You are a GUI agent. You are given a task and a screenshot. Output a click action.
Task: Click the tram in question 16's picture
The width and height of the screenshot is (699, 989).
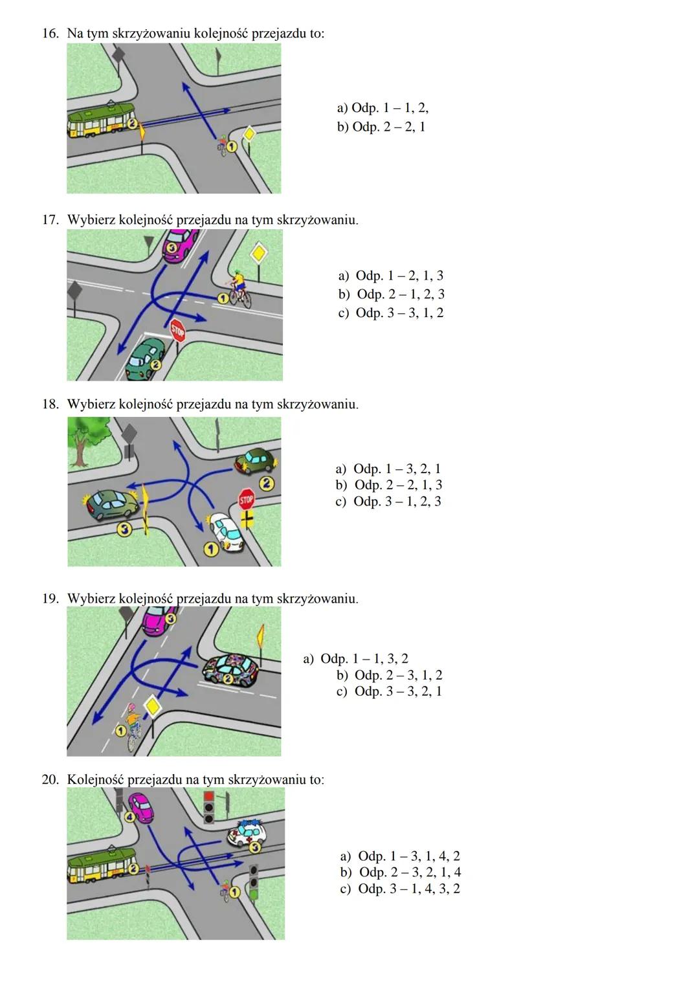pos(100,121)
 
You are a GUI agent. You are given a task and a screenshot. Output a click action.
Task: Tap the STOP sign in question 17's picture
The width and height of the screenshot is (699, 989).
pos(177,331)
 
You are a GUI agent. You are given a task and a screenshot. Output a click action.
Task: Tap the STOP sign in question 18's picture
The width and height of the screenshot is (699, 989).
pos(246,500)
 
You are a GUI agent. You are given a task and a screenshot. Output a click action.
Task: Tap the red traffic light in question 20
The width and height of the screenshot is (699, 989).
pos(208,797)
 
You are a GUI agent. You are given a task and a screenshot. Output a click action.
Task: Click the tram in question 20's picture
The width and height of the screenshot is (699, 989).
pos(100,866)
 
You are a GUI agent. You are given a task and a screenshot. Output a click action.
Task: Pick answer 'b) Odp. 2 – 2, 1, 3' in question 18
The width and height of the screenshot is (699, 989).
pos(388,485)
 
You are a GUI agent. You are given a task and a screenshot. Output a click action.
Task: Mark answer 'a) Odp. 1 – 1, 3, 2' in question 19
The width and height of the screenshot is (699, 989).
pos(355,659)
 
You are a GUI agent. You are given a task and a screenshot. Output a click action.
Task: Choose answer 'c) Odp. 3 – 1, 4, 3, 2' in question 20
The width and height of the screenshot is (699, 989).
pos(399,889)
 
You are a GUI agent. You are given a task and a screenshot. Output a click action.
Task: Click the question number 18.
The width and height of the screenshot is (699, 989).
pos(50,405)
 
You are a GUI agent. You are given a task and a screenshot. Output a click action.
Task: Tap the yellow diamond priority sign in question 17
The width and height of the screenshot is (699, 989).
pos(258,252)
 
